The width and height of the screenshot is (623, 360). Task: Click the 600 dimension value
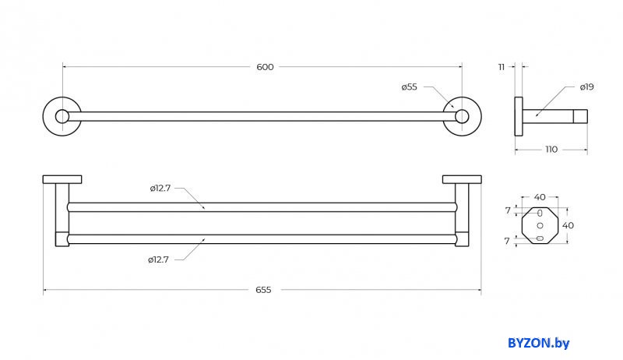tap(265, 67)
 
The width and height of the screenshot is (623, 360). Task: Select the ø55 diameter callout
tap(410, 87)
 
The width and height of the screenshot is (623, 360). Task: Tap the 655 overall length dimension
tap(263, 290)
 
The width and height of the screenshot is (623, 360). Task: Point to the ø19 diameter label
tap(586, 87)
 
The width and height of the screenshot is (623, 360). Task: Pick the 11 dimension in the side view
tap(502, 67)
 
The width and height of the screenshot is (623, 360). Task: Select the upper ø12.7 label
tap(161, 188)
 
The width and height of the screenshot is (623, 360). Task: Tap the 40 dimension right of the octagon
tap(568, 225)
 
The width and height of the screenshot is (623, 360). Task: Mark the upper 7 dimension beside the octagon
tap(507, 210)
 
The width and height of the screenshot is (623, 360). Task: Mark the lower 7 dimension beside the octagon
tap(507, 241)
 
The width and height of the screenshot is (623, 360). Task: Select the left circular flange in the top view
tap(62, 117)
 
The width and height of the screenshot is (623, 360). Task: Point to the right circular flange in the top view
tap(462, 117)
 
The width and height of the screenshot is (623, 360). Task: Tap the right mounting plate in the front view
tap(462, 180)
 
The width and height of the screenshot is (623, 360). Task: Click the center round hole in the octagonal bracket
tap(540, 225)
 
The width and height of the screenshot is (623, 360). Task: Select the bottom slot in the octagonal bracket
tap(540, 238)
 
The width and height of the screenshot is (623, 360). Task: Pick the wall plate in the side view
tap(519, 117)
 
